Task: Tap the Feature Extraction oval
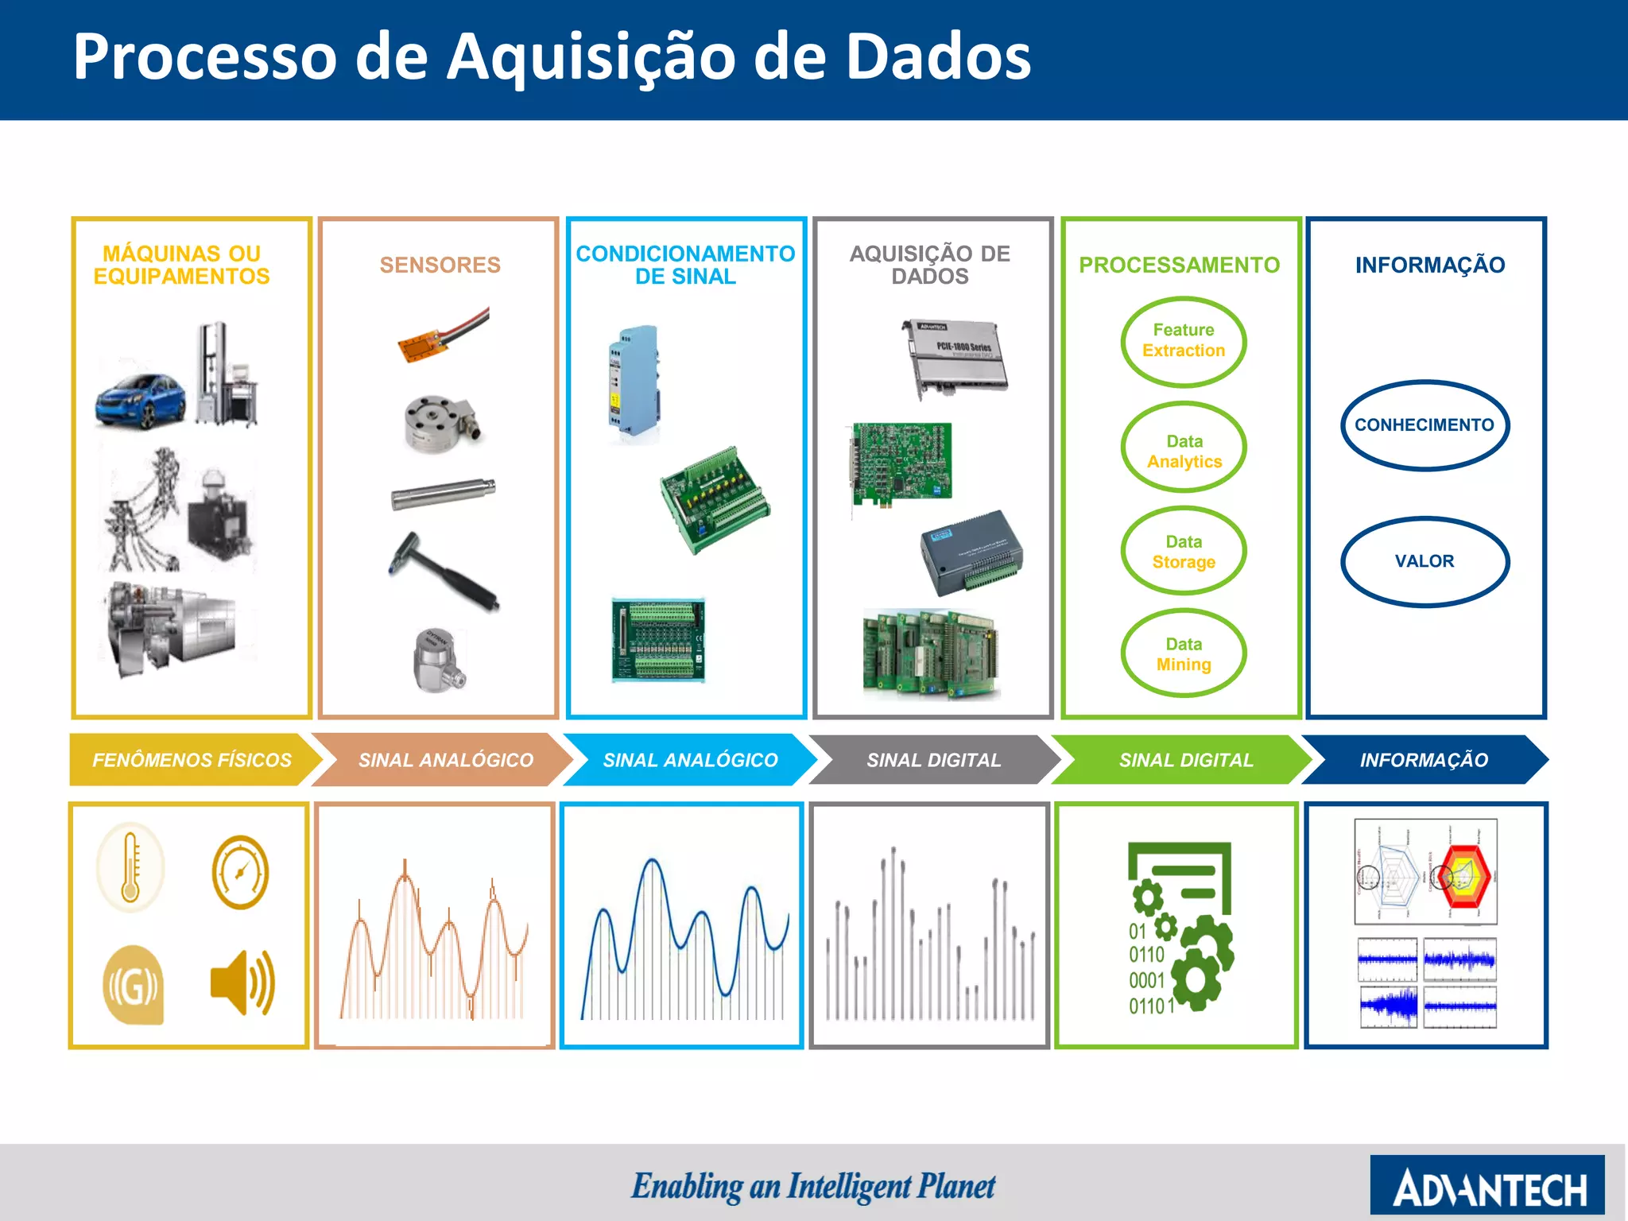click(1183, 341)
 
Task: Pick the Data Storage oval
click(1184, 551)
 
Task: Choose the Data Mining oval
click(1184, 653)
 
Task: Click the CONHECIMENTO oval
click(1424, 425)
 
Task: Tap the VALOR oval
click(1424, 561)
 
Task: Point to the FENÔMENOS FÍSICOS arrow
click(192, 760)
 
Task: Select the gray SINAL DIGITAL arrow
click(933, 760)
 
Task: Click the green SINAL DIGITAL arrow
click(1185, 760)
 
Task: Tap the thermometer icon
click(131, 868)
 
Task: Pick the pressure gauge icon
click(240, 872)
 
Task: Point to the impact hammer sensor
click(444, 571)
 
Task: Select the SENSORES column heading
click(440, 265)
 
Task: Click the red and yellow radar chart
click(1463, 875)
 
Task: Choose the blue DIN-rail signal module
click(633, 380)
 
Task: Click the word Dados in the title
click(938, 57)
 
